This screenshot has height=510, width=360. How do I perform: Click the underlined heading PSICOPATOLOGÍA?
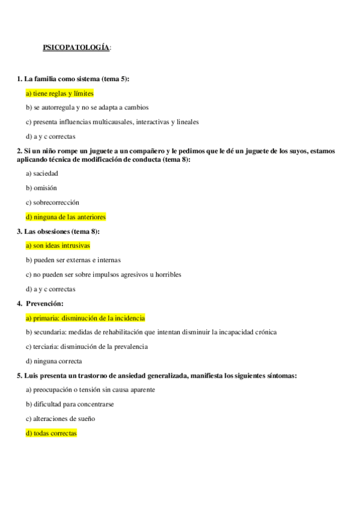76,48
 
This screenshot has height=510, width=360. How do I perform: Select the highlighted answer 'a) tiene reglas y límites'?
59,93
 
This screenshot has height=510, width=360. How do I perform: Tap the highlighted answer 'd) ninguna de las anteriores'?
66,217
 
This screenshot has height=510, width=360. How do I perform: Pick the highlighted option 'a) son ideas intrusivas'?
58,245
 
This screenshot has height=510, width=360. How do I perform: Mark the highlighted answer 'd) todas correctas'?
51,433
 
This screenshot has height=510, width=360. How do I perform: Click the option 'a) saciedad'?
42,173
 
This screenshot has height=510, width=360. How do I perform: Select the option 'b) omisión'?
41,188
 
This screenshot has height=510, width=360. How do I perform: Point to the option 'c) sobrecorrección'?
52,202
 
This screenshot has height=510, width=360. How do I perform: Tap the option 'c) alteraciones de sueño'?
60,419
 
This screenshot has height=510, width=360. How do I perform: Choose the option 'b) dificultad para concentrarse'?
70,404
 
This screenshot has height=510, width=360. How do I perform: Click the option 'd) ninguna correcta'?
53,361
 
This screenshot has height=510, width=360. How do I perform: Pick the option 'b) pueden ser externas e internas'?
73,260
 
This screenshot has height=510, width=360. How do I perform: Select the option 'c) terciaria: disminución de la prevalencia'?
87,346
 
